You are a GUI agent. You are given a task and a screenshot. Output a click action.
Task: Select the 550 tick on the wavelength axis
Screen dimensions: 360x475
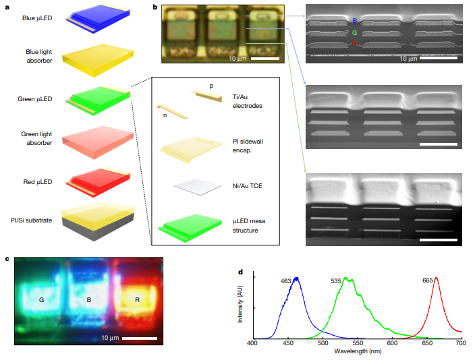[x=356, y=343]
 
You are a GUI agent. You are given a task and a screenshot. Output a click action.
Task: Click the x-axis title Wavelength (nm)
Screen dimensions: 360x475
[x=356, y=351]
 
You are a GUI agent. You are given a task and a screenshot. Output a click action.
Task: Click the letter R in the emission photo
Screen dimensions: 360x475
[x=137, y=300]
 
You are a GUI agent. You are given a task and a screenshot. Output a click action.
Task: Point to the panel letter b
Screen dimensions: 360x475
[x=155, y=8]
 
